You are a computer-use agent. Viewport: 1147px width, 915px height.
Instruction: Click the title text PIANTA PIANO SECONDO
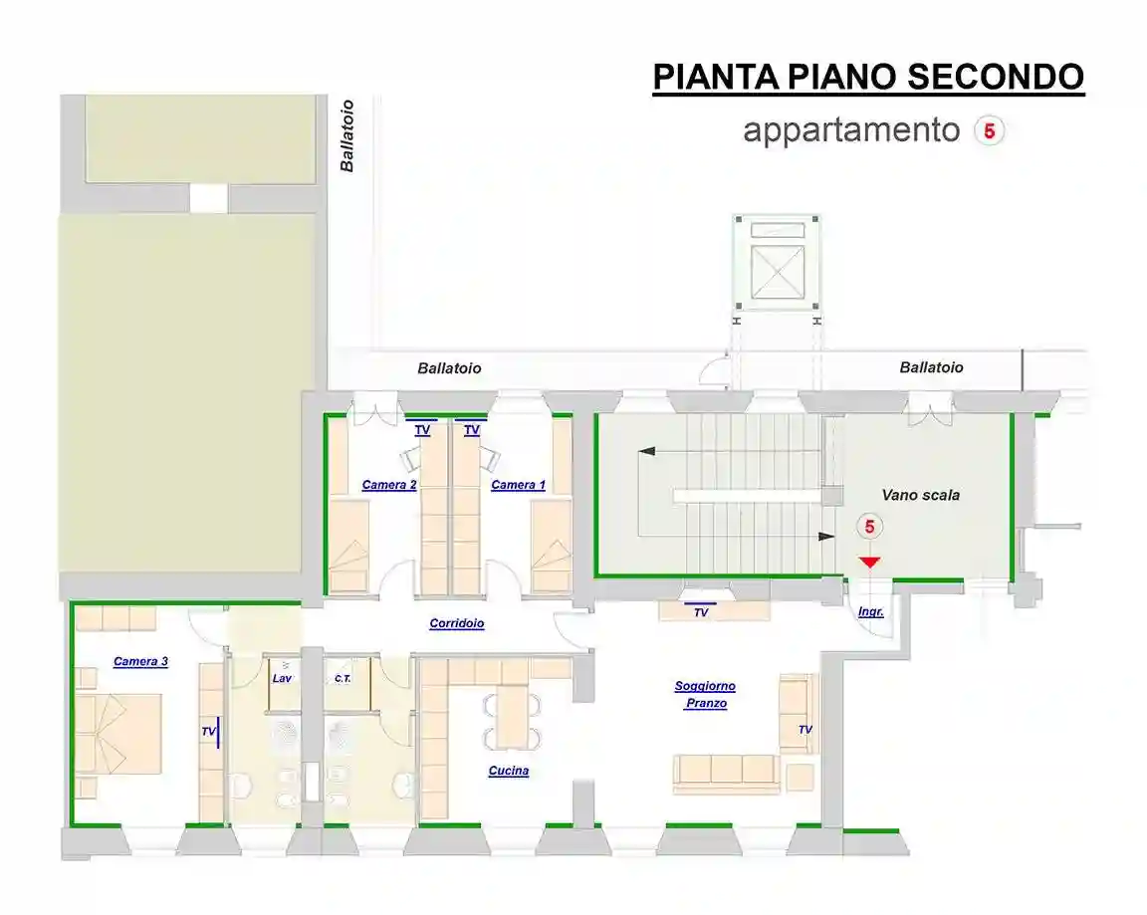(x=868, y=77)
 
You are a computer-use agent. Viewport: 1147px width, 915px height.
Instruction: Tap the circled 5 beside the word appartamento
(x=989, y=130)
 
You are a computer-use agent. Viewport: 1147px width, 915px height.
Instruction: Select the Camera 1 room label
(x=518, y=485)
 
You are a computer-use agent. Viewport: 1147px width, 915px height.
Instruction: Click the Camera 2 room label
(x=389, y=485)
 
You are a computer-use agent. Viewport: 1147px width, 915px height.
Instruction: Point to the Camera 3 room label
(x=140, y=660)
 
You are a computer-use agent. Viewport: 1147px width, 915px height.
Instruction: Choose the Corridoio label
(x=457, y=623)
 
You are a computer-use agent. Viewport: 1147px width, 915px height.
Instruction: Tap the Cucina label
(x=508, y=771)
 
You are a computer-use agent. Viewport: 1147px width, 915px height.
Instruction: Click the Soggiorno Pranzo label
(x=705, y=694)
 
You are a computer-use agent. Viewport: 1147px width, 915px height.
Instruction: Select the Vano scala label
(x=920, y=494)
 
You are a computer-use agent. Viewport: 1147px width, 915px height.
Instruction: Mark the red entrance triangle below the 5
(x=870, y=564)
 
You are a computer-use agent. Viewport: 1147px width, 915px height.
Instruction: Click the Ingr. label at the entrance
(x=871, y=611)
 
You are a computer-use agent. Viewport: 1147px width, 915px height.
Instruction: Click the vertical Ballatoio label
(x=347, y=134)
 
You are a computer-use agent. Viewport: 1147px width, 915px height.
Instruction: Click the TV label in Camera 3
(x=208, y=732)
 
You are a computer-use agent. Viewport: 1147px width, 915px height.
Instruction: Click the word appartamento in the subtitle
(x=850, y=130)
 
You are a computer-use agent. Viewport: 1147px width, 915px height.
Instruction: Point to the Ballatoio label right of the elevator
(x=931, y=367)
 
